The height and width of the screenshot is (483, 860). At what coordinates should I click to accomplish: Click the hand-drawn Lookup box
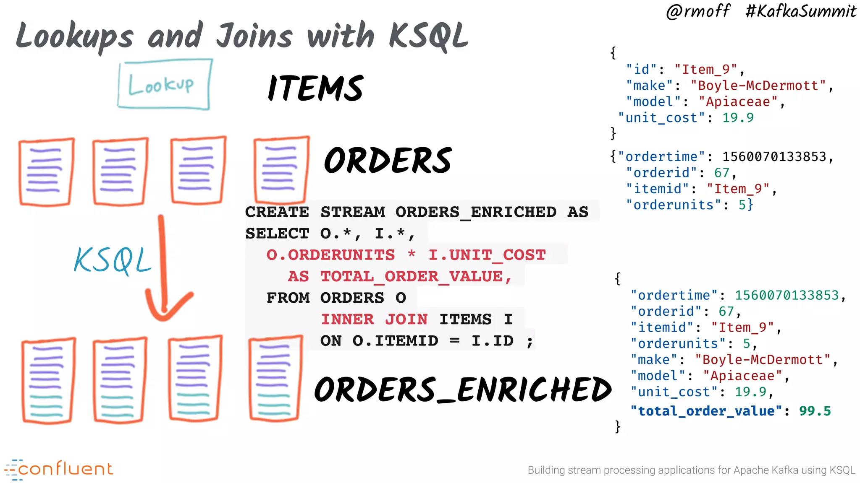pos(164,84)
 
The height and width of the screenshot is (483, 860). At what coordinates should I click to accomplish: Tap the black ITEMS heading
pos(315,88)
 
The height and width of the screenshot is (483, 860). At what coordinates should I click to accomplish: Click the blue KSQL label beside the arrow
pos(112,260)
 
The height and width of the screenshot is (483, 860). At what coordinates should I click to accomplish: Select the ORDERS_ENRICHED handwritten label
pos(462,390)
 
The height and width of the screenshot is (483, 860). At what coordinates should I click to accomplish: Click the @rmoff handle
pos(698,11)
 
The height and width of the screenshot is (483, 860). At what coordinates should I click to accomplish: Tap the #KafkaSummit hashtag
pos(800,11)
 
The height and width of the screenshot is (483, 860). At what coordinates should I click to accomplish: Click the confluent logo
pos(59,469)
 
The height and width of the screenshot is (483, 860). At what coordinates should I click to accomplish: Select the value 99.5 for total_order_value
pos(815,411)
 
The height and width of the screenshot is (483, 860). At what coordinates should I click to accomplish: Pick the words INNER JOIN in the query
pos(374,319)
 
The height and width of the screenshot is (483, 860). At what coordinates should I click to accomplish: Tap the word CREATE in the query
pos(277,212)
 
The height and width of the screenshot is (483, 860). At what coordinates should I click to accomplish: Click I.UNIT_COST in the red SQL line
pos(487,255)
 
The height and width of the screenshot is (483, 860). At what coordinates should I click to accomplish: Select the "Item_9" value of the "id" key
pos(706,70)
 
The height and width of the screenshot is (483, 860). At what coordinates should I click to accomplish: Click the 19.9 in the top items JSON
pos(738,118)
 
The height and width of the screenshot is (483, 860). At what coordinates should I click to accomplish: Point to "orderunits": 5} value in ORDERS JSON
pos(745,205)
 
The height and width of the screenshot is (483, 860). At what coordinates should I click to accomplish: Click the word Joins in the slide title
pos(254,36)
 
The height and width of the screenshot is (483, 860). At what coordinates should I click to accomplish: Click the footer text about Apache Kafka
pos(691,470)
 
